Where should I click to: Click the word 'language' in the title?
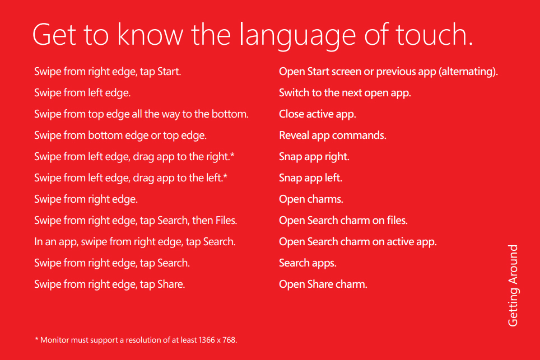point(297,36)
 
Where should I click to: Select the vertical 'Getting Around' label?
point(513,286)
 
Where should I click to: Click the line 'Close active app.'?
point(317,114)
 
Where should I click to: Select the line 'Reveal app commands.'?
point(332,135)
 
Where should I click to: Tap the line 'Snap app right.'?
point(314,157)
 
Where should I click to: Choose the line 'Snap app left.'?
point(310,178)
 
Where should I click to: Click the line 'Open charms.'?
point(311,199)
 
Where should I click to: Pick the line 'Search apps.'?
point(308,263)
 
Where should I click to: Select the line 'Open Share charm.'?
point(323,284)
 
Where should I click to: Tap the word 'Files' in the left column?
point(225,220)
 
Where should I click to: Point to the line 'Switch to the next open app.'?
point(345,93)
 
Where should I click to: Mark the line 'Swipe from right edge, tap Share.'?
point(110,284)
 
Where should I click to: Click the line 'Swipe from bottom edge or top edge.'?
point(120,135)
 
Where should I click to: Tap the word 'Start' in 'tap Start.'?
point(168,72)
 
